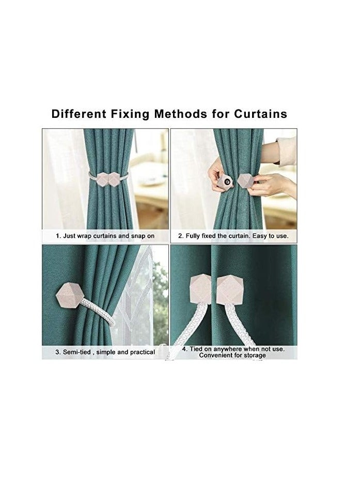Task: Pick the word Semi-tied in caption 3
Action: point(75,352)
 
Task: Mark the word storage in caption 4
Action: point(254,356)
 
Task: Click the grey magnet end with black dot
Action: point(226,182)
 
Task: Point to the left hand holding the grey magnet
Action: point(216,176)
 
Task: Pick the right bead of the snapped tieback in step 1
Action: point(114,179)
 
